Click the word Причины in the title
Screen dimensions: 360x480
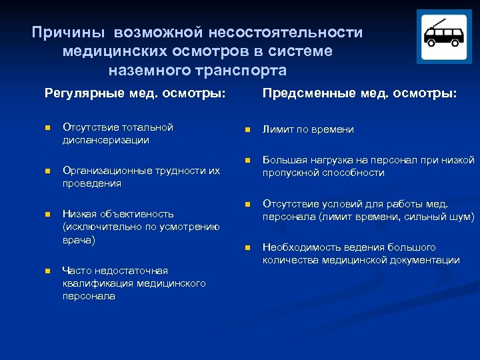pyautogui.click(x=69, y=33)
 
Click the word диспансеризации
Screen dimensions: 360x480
pyautogui.click(x=105, y=140)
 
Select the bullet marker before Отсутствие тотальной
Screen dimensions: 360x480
pyautogui.click(x=47, y=128)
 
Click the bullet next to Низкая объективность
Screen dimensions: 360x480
pyautogui.click(x=47, y=215)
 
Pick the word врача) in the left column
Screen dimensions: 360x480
pyautogui.click(x=79, y=239)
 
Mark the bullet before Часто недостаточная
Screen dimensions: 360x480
pyautogui.click(x=47, y=271)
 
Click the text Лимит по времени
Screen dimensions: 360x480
pyautogui.click(x=308, y=129)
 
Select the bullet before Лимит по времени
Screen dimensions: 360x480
pyautogui.click(x=247, y=130)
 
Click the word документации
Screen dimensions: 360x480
pyautogui.click(x=422, y=260)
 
